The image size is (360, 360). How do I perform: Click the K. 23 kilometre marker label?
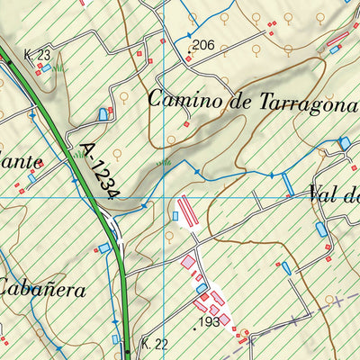click(x=37, y=55)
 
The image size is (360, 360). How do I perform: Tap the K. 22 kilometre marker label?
click(x=155, y=344)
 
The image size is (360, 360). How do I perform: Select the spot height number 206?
click(x=203, y=45)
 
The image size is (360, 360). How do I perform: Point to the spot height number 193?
click(x=209, y=321)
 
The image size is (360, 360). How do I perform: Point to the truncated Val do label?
click(x=333, y=193)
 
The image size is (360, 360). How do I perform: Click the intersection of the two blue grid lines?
click(x=165, y=196)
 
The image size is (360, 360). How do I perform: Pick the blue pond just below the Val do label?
click(x=321, y=229)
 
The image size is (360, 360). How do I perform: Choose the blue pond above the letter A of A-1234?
click(x=102, y=113)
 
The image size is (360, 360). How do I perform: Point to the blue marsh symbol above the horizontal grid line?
click(x=164, y=163)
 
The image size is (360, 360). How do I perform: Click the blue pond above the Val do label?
click(x=344, y=142)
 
